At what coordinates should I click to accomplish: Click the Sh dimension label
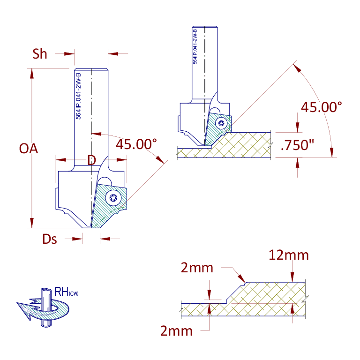point(40,54)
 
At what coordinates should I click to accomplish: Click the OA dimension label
point(29,149)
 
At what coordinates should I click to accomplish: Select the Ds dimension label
point(50,239)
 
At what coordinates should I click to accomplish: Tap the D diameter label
point(91,160)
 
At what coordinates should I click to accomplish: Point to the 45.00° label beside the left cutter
point(136,144)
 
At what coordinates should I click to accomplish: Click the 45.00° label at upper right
point(322,107)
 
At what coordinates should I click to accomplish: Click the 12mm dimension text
point(289,255)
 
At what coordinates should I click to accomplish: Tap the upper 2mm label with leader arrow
point(197,268)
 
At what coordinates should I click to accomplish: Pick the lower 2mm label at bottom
point(176,331)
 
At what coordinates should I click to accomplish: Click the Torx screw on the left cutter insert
point(113,198)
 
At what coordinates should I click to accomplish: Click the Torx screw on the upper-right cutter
point(221,123)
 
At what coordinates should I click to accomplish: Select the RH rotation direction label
point(67,292)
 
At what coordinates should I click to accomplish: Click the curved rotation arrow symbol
point(43,309)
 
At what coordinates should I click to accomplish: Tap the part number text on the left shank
point(78,96)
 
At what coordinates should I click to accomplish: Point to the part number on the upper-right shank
point(195,46)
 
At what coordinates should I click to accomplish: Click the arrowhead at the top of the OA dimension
point(32,74)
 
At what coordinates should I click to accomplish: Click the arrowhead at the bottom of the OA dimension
point(32,223)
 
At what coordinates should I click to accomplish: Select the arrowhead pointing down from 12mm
point(292,277)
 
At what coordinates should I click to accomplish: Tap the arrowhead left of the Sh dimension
point(69,54)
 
